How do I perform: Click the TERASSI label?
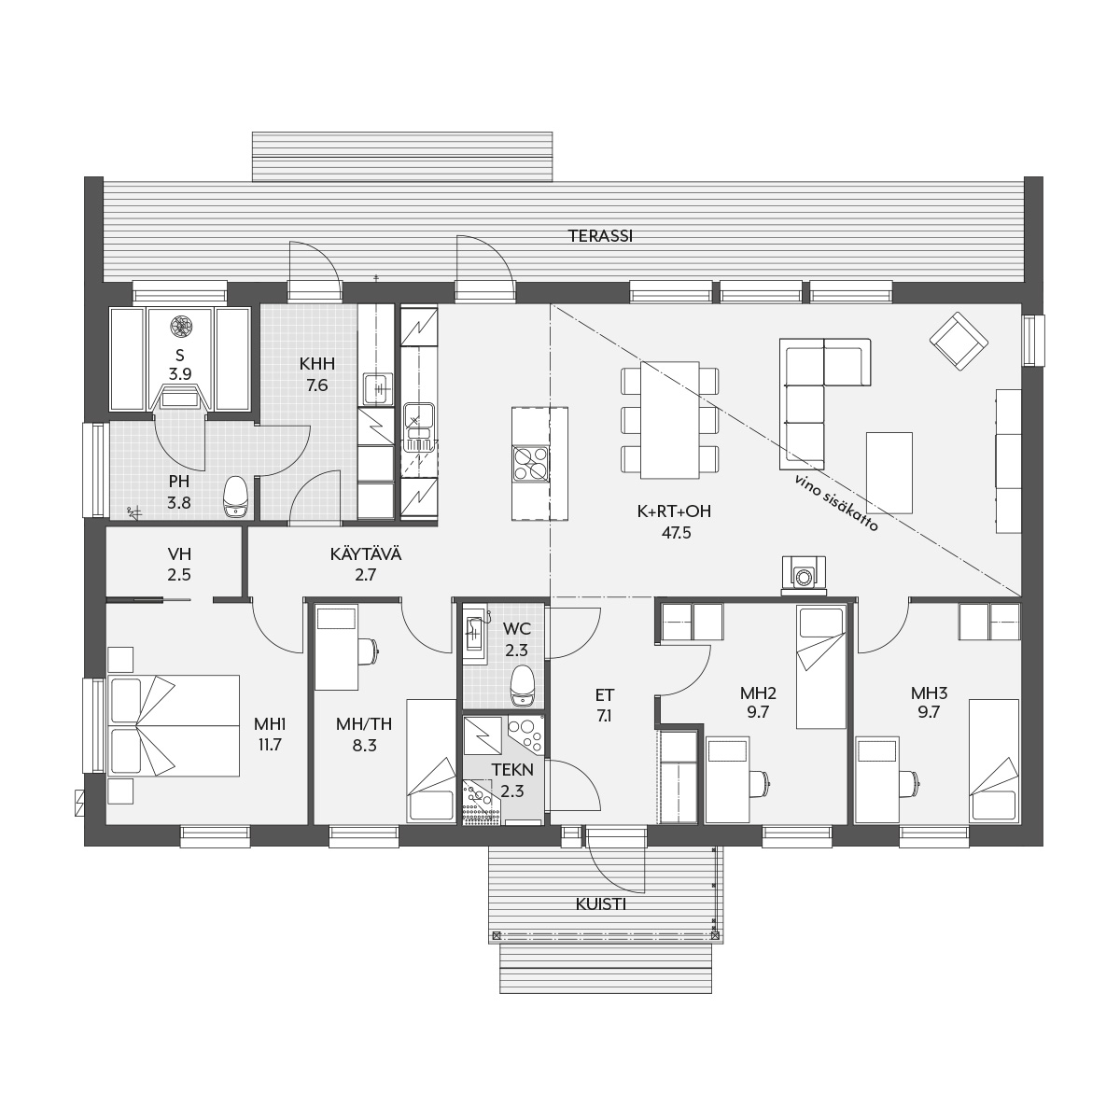coord(600,236)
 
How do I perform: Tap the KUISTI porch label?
coord(600,904)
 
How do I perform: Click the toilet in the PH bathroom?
coord(236,498)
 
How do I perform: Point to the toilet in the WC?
coord(522,686)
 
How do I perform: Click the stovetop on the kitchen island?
coord(530,463)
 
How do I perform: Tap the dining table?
coord(669,420)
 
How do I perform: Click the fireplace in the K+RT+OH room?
coord(804,576)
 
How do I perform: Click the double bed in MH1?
coord(174,725)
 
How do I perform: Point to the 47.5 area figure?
coord(677,532)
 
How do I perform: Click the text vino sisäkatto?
coord(836,503)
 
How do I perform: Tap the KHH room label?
coord(317,364)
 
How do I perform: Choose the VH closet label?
coord(179,553)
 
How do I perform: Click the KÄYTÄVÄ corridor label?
coord(366,553)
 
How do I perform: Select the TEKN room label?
coord(512,770)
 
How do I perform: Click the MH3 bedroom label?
coord(929,693)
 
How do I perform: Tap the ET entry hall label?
coord(605,694)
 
